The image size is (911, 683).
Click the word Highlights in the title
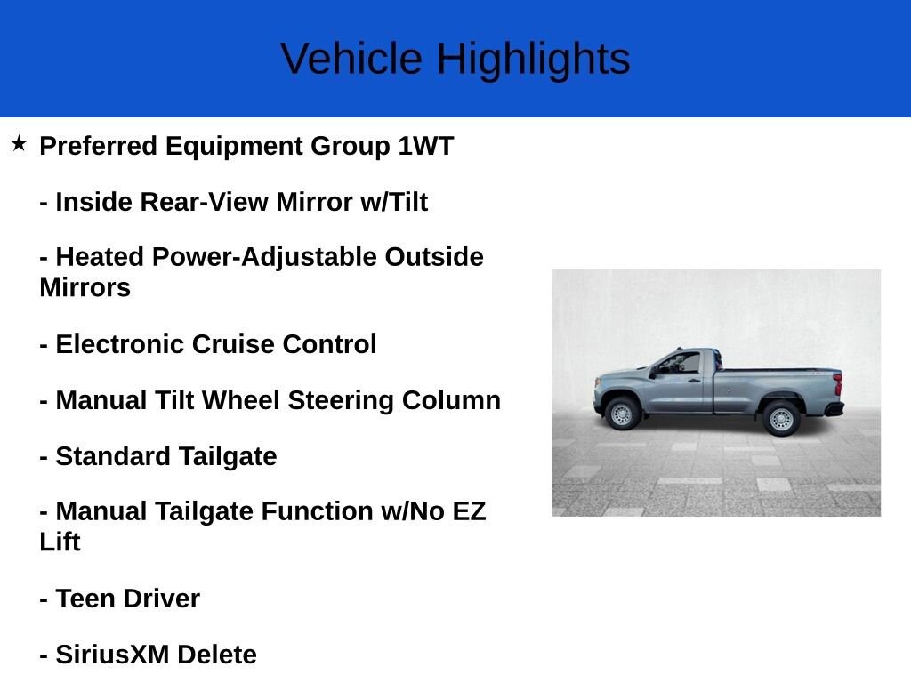[533, 60]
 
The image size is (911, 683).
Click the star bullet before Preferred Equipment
[19, 143]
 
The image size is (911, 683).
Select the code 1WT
[425, 146]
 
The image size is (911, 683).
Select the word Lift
[60, 542]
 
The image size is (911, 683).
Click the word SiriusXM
[112, 655]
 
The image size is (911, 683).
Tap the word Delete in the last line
[216, 655]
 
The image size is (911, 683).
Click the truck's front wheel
[622, 414]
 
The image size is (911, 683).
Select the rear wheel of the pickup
[781, 418]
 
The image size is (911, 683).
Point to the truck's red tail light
[837, 384]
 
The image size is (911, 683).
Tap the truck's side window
[681, 363]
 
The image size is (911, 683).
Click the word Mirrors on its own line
[85, 287]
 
